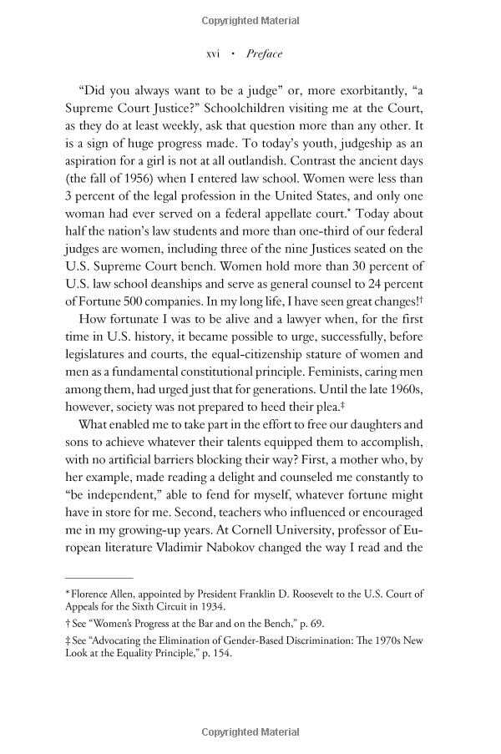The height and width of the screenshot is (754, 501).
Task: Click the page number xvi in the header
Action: point(212,54)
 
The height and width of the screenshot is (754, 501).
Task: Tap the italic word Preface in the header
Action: point(265,54)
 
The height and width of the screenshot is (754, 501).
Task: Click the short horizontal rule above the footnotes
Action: point(99,577)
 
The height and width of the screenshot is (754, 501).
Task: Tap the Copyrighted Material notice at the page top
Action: point(250,20)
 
